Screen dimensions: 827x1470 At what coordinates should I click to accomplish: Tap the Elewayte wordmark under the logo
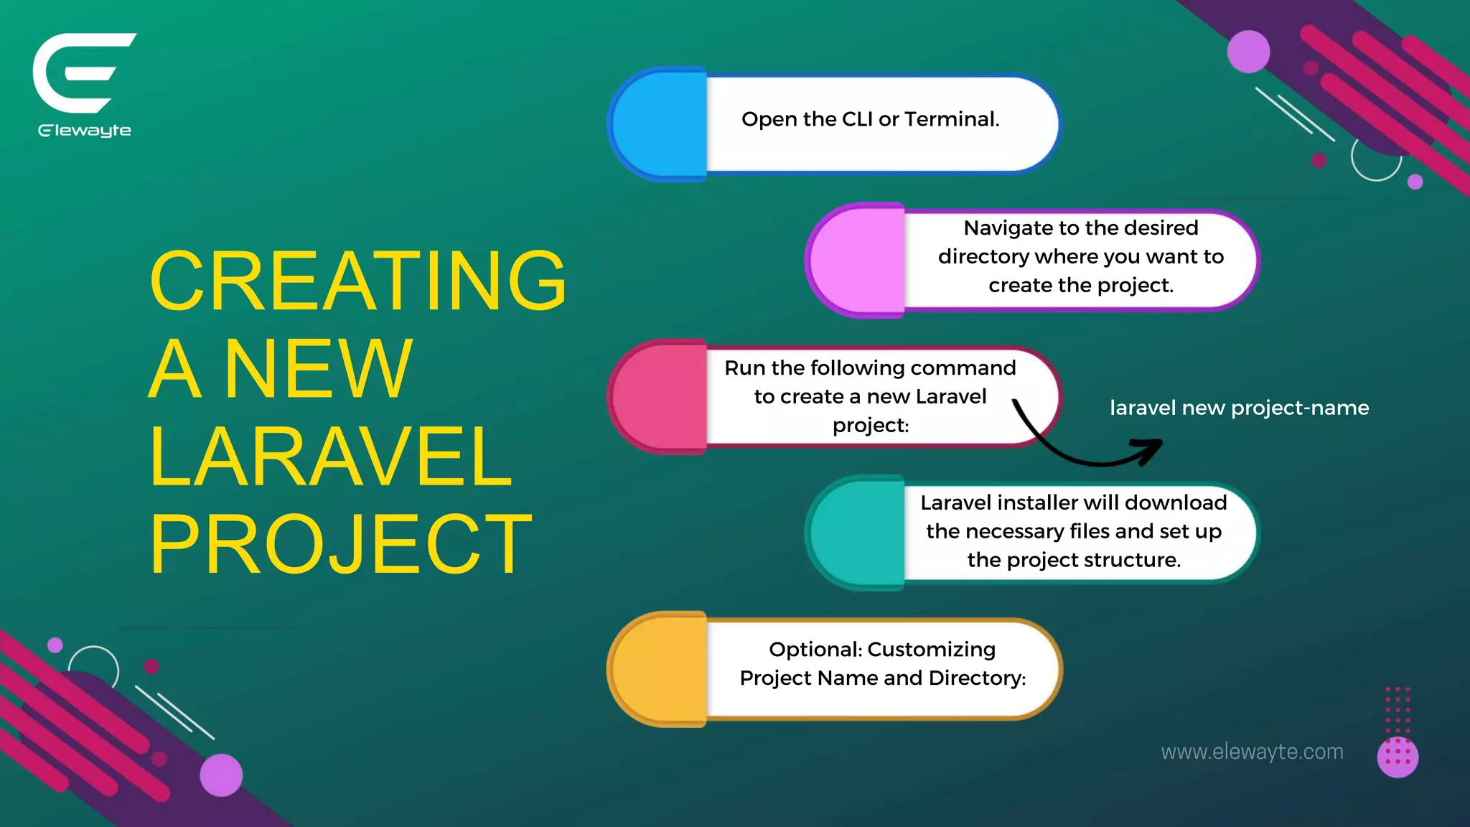pyautogui.click(x=85, y=131)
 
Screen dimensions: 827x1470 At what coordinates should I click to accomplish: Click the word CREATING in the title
pyautogui.click(x=358, y=281)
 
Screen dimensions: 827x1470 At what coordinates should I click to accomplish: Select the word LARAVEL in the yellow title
pyautogui.click(x=330, y=457)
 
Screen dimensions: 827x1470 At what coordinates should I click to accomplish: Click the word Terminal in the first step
pyautogui.click(x=952, y=119)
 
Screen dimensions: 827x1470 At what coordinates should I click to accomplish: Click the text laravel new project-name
pyautogui.click(x=1239, y=408)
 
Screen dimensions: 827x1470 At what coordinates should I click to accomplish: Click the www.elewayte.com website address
pyautogui.click(x=1252, y=752)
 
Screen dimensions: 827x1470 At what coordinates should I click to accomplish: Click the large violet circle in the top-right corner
pyautogui.click(x=1248, y=51)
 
